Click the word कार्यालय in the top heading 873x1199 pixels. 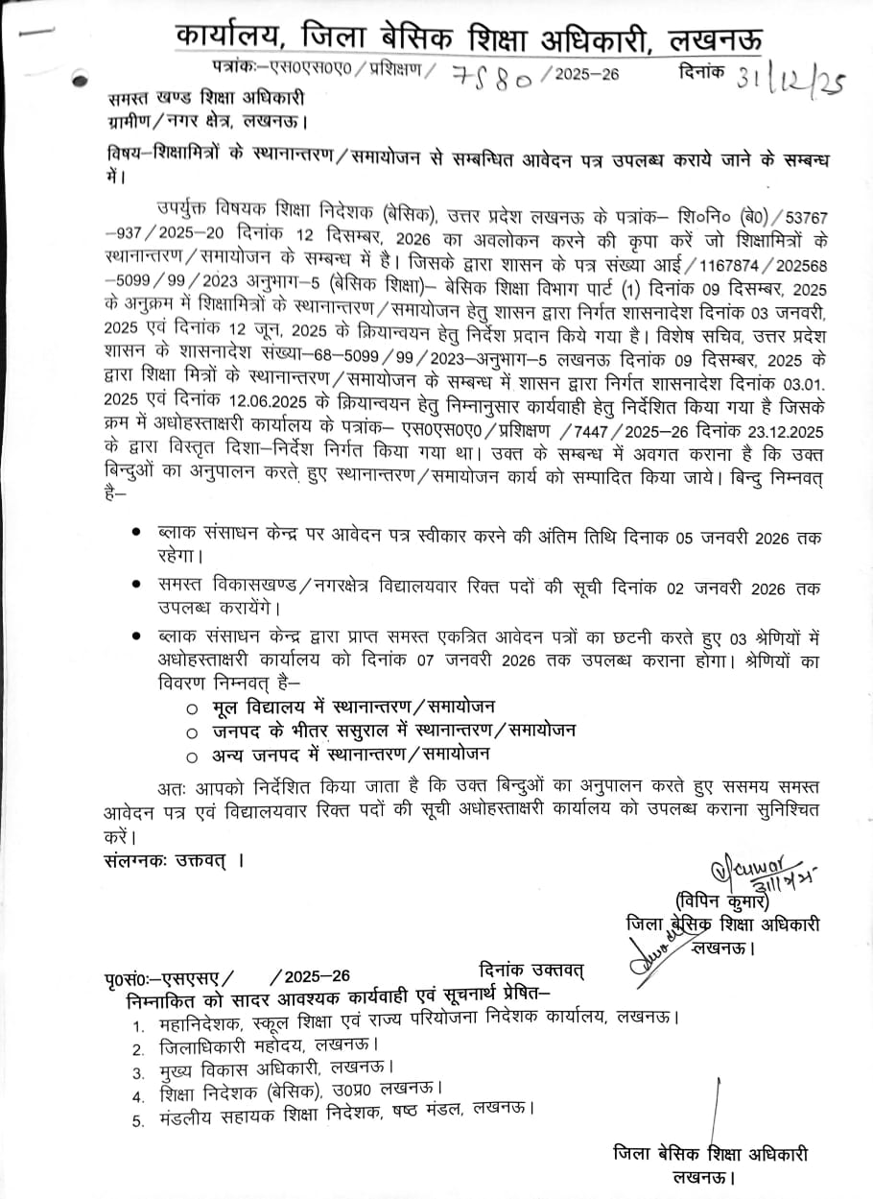tap(229, 37)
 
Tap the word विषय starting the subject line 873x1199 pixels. tap(123, 157)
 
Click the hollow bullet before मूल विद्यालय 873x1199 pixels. tap(195, 708)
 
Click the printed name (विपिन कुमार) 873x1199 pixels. tap(722, 901)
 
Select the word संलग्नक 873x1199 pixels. tap(134, 860)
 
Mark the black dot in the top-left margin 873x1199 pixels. tap(79, 82)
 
